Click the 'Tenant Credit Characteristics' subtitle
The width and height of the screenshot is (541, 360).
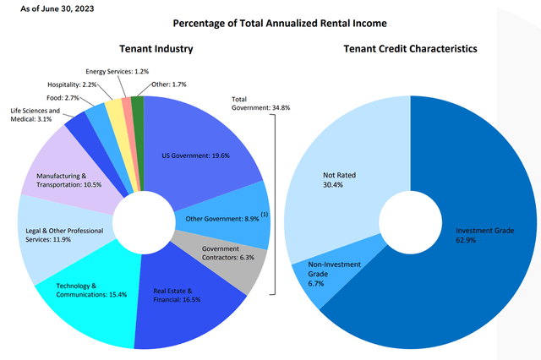[409, 49]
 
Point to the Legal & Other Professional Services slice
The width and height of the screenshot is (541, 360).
[56, 233]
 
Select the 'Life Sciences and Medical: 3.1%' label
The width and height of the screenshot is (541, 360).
[36, 115]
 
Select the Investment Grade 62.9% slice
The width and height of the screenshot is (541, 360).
[473, 237]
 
